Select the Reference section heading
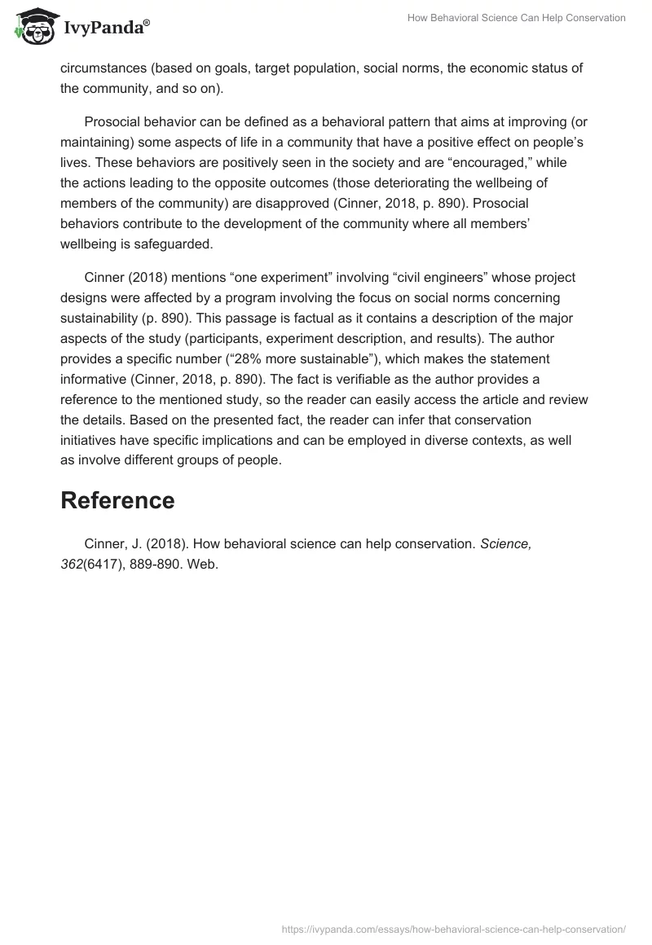(117, 500)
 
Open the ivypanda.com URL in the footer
(453, 928)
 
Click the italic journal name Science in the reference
(505, 544)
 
